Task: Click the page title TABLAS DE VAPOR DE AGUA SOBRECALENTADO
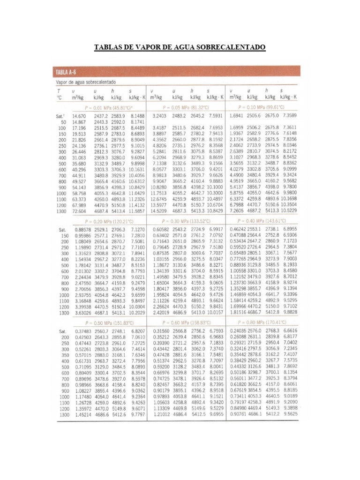click(180, 48)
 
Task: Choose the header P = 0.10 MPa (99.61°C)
click(265, 106)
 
